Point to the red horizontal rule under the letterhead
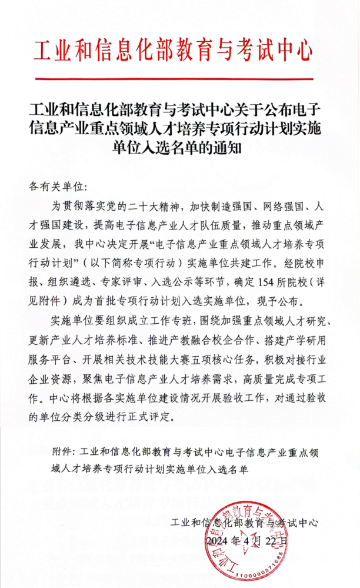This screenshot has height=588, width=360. [179, 77]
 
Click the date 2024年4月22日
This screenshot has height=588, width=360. [247, 540]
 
